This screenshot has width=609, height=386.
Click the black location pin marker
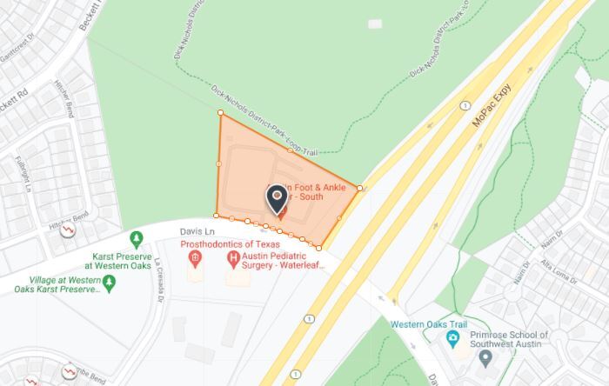pyautogui.click(x=278, y=199)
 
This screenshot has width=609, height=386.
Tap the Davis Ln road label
pyautogui.click(x=197, y=232)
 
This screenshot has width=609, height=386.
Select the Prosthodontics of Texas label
pyautogui.click(x=224, y=245)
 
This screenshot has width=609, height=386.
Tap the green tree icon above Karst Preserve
pyautogui.click(x=136, y=238)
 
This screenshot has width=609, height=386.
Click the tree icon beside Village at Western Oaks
pyautogui.click(x=109, y=282)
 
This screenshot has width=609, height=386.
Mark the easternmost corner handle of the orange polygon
pyautogui.click(x=359, y=188)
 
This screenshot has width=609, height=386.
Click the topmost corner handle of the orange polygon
pyautogui.click(x=220, y=112)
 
